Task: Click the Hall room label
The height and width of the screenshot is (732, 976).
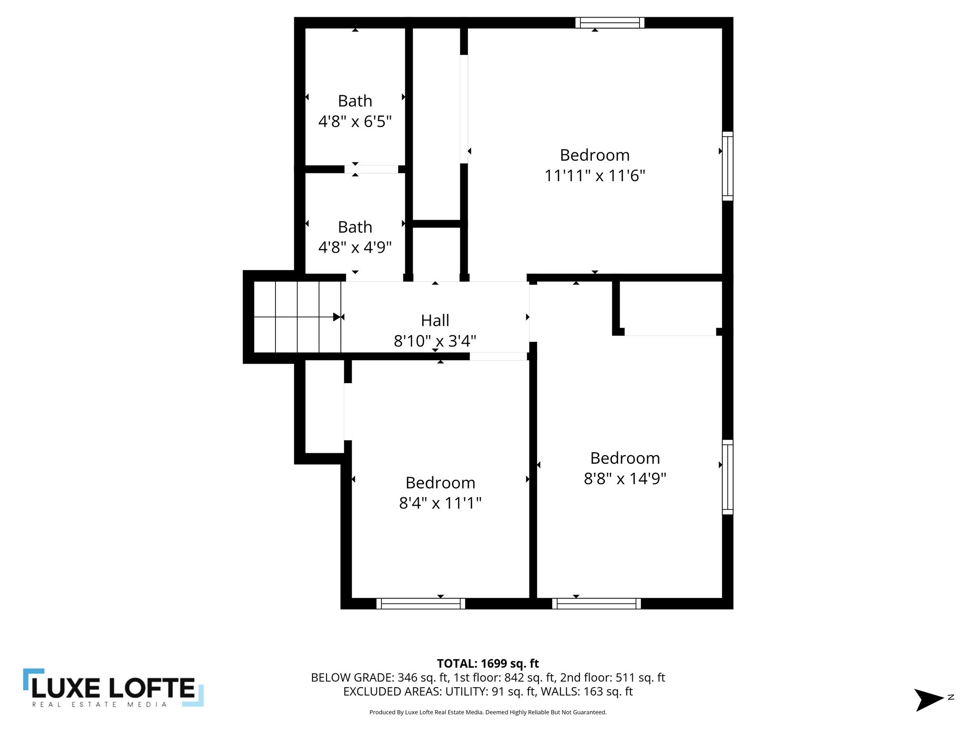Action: pyautogui.click(x=435, y=320)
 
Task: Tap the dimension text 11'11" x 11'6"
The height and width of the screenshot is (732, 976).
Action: pyautogui.click(x=594, y=176)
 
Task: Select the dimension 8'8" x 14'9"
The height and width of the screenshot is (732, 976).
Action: pyautogui.click(x=625, y=478)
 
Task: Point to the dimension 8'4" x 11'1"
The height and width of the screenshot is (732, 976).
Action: pyautogui.click(x=440, y=503)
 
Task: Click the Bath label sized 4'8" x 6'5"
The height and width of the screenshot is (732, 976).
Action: pyautogui.click(x=355, y=101)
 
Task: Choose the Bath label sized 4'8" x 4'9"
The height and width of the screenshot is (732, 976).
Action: pyautogui.click(x=355, y=227)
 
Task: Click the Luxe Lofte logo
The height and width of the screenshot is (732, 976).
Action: pyautogui.click(x=113, y=687)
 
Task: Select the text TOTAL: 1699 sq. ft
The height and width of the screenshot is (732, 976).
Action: pyautogui.click(x=488, y=663)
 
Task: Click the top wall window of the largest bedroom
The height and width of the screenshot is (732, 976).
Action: pyautogui.click(x=610, y=22)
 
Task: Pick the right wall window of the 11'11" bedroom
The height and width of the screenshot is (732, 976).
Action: pyautogui.click(x=727, y=166)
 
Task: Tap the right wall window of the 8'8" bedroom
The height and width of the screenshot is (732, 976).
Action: pyautogui.click(x=727, y=477)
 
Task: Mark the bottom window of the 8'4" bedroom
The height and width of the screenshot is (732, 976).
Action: pyautogui.click(x=420, y=604)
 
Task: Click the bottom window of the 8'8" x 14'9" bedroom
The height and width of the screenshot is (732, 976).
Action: pyautogui.click(x=596, y=604)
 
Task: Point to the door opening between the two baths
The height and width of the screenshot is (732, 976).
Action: pyautogui.click(x=371, y=169)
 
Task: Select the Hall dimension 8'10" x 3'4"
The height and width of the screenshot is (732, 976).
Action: pyautogui.click(x=435, y=341)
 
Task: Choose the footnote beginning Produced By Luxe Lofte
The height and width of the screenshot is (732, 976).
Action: pyautogui.click(x=488, y=712)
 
